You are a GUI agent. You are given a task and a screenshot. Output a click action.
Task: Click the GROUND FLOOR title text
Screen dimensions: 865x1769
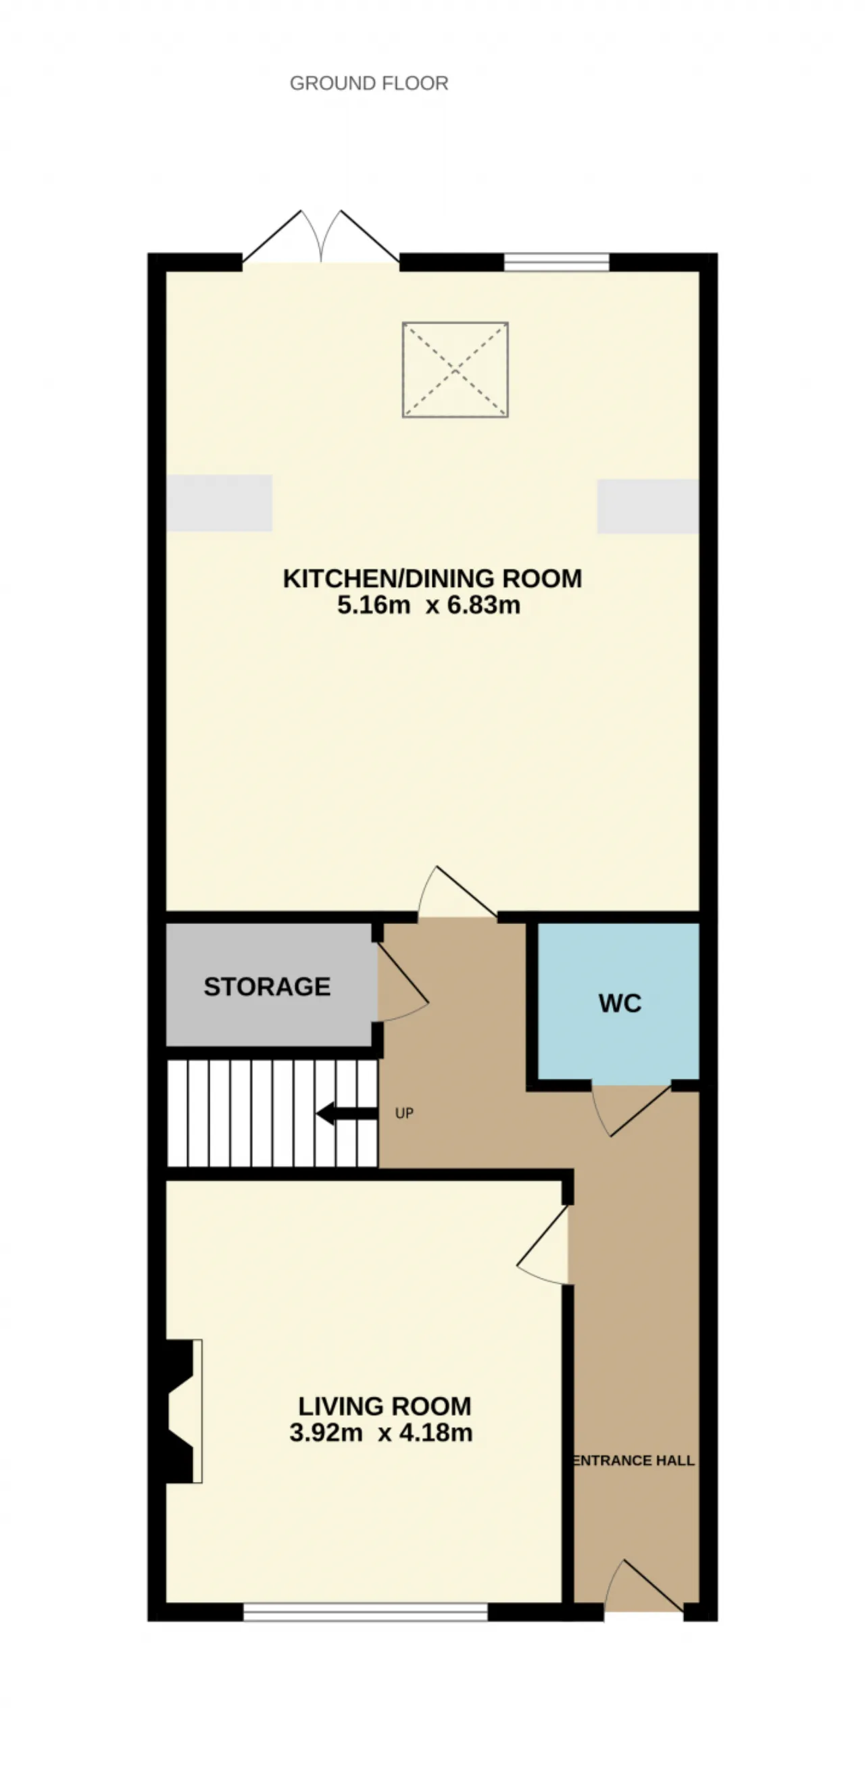click(369, 83)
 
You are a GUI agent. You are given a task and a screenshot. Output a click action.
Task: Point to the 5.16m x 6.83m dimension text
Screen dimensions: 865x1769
click(428, 605)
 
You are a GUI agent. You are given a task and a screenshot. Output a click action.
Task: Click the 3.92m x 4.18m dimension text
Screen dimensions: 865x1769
click(381, 1433)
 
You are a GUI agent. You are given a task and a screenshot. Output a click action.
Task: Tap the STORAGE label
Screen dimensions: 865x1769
click(267, 986)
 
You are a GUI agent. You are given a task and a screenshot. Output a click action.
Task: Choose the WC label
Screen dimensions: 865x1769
click(620, 1003)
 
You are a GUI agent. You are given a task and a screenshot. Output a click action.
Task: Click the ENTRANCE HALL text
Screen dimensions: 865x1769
click(633, 1461)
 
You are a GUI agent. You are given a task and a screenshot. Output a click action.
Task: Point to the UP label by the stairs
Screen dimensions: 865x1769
click(405, 1113)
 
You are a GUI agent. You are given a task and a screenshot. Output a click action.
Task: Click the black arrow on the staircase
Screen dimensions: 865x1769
click(346, 1113)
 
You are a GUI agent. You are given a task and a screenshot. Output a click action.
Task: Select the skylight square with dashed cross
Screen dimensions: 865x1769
click(455, 369)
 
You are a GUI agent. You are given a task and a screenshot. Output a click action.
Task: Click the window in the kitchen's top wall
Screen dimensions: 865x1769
click(557, 261)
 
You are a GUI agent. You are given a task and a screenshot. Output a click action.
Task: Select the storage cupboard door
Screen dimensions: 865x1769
click(403, 981)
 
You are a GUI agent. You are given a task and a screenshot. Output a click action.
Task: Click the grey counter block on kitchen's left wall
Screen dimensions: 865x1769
click(219, 503)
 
